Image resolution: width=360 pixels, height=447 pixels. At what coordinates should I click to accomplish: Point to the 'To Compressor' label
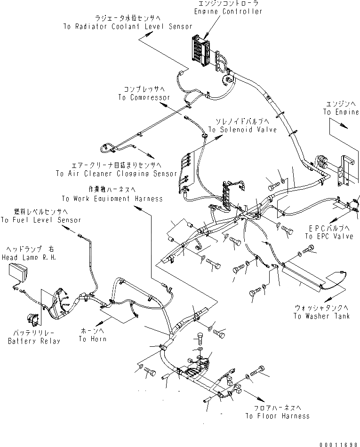[x=144, y=97]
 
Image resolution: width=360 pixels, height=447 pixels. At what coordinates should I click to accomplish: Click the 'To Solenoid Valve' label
[x=242, y=129]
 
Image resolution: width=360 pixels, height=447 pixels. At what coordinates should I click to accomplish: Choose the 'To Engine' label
[x=340, y=112]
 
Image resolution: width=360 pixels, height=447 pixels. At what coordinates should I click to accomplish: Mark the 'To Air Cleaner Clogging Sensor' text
[x=116, y=174]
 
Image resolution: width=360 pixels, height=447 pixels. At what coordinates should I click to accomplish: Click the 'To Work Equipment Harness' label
[x=112, y=198]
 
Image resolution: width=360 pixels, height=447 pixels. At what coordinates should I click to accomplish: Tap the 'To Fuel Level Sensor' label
[x=41, y=220]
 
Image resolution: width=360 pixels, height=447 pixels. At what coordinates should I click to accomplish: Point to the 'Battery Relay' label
[x=34, y=341]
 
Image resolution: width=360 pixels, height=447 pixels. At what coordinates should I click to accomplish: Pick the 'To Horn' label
[x=92, y=339]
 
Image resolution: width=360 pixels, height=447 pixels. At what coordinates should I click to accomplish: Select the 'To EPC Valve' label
[x=329, y=236]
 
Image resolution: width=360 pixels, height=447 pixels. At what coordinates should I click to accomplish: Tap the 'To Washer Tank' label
[x=321, y=316]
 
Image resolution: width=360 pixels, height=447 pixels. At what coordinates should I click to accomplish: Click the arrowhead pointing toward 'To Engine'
[x=346, y=127]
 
